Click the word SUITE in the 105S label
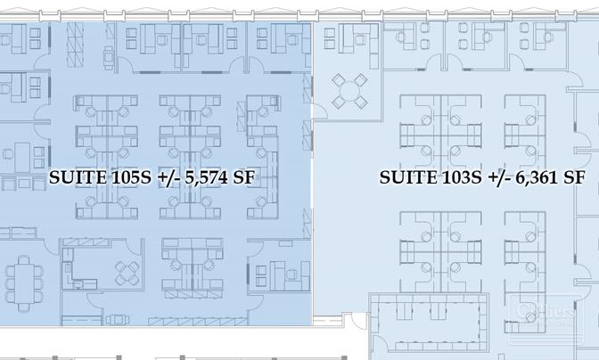78,176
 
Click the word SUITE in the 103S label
408,176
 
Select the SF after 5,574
244,176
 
